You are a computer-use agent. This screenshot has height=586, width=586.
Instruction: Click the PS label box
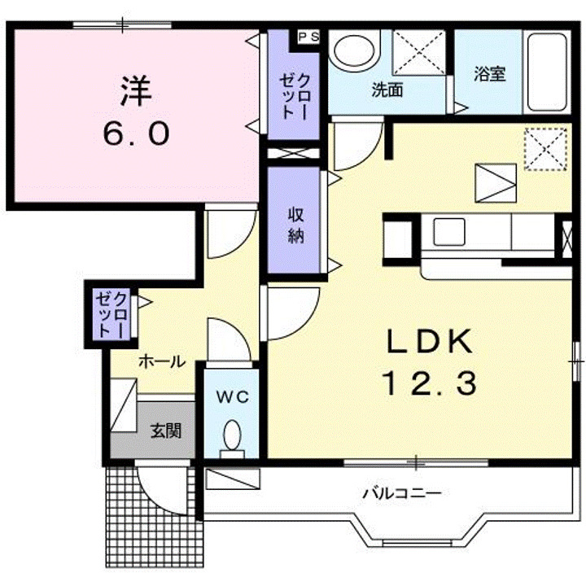coord(308,37)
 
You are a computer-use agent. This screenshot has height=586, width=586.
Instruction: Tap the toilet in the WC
coord(232,439)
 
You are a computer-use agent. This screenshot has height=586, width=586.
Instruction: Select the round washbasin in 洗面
coord(354,50)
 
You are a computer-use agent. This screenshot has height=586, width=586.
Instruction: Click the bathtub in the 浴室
coord(547,72)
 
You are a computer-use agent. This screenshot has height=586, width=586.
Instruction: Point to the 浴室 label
coord(490,74)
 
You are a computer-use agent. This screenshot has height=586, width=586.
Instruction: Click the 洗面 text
coord(387,90)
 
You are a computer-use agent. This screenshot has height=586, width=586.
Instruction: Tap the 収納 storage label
coord(295,225)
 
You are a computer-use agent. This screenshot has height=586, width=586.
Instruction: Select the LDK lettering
coord(430,341)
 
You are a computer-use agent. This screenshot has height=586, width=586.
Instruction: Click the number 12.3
coord(429,383)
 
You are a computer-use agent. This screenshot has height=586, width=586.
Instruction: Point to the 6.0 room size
coord(136,133)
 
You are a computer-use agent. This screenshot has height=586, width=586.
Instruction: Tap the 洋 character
coord(136,91)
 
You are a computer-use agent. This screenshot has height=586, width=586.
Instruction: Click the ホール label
coord(162,361)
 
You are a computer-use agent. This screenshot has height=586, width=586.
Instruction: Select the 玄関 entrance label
coord(166,431)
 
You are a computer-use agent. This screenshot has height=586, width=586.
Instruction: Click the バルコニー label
coord(403,494)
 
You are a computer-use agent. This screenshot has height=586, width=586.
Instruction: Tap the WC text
coord(233,397)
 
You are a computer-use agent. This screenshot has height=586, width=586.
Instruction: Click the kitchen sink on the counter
coord(448,232)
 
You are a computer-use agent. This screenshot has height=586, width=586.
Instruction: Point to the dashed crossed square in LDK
coord(546,149)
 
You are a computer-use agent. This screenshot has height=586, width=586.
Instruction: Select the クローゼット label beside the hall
coord(112,315)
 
